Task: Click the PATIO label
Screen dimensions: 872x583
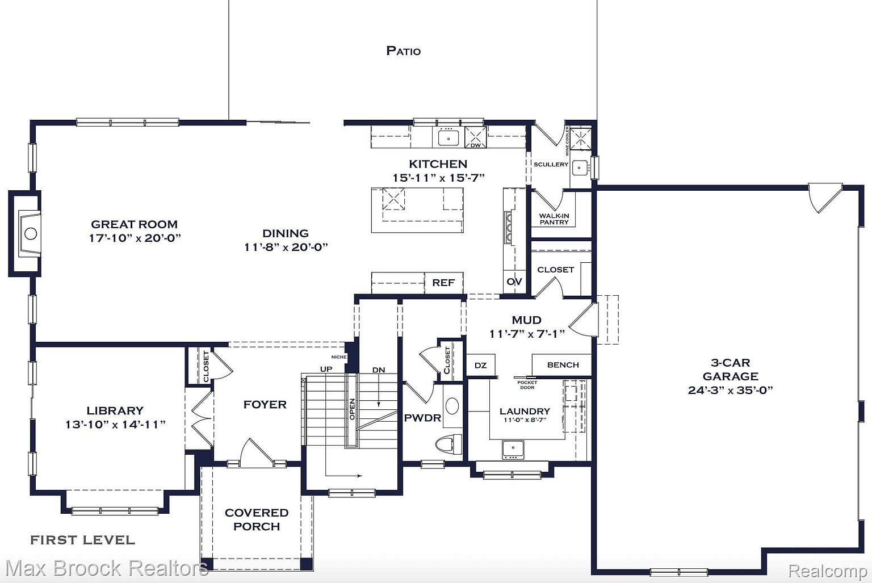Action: [403, 51]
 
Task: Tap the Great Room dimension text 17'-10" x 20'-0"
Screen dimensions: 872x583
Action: [135, 238]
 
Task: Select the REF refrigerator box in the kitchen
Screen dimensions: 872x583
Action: [443, 283]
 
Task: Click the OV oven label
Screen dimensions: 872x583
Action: [514, 282]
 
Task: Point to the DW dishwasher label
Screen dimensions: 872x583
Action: [476, 145]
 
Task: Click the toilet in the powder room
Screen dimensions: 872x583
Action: [448, 444]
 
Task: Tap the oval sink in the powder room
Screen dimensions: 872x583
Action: [452, 406]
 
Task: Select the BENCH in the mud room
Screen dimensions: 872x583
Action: [563, 365]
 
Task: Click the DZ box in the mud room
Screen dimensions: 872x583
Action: [480, 365]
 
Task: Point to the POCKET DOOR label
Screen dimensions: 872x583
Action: [527, 385]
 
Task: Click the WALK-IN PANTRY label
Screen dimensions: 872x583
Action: [554, 219]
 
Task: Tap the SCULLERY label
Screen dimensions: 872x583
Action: [551, 164]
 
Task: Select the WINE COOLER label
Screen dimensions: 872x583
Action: [567, 141]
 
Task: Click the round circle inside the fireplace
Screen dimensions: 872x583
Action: [31, 234]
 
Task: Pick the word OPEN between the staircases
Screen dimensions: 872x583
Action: [352, 409]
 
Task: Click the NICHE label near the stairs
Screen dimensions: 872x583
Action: [339, 357]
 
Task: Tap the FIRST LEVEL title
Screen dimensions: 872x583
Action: [82, 540]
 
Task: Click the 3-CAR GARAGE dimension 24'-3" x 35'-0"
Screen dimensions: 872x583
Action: [730, 390]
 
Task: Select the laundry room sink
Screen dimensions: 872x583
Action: [513, 449]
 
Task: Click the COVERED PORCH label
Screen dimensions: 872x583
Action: [257, 519]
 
